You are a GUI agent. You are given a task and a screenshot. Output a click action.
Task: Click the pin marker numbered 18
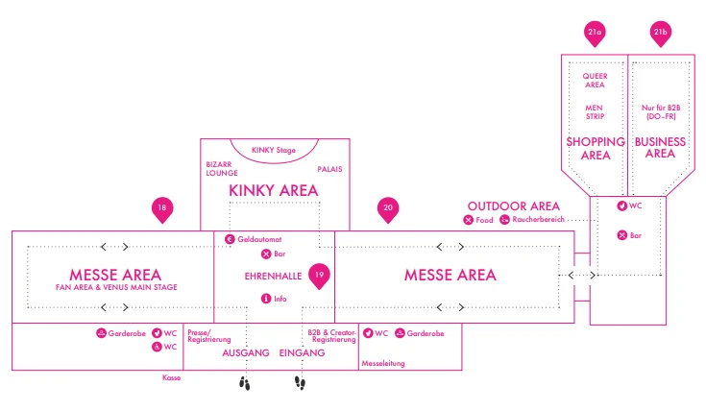tap(162, 209)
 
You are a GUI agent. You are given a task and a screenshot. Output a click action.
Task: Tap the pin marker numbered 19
tap(319, 276)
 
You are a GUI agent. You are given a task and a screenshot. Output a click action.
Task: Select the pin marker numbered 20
tap(388, 209)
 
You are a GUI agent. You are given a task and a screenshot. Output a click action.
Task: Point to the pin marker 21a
tap(595, 34)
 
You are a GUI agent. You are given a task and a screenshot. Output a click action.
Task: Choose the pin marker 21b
tap(661, 34)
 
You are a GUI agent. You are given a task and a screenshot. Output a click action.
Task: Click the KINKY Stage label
tap(274, 150)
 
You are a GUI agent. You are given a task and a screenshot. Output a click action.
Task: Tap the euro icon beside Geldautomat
tap(230, 239)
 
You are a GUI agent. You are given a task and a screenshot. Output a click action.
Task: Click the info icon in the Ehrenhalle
tap(266, 299)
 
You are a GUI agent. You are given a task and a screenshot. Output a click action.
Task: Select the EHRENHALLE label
tap(273, 276)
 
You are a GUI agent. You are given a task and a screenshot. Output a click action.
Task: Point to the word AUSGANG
tap(245, 353)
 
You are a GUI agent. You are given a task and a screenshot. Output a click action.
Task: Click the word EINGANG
tap(302, 353)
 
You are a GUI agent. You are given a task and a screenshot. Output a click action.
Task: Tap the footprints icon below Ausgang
tap(245, 383)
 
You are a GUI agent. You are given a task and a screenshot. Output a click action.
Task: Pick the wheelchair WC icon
tap(157, 347)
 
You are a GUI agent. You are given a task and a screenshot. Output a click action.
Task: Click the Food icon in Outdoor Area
tap(469, 220)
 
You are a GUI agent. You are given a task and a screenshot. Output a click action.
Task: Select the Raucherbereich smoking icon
tap(504, 220)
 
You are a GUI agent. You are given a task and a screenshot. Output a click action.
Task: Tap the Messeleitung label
tap(383, 363)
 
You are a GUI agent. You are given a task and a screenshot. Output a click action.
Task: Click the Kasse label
tap(172, 377)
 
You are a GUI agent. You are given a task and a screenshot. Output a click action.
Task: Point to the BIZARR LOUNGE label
tap(222, 169)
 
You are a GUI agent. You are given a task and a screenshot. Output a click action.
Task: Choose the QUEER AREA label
tap(595, 80)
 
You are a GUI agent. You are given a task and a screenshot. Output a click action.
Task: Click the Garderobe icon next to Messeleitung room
tap(400, 333)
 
